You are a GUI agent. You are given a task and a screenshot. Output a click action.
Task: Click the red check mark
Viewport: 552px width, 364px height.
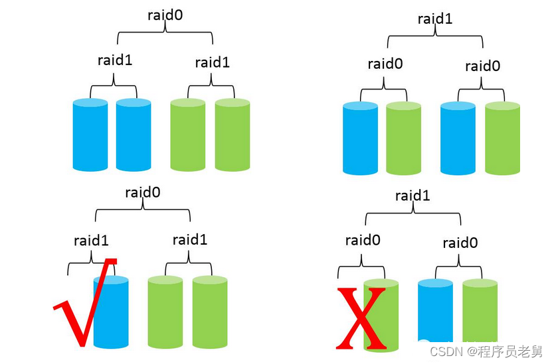(83, 305)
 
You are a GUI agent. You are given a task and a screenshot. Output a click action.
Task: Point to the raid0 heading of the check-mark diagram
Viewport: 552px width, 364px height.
(143, 193)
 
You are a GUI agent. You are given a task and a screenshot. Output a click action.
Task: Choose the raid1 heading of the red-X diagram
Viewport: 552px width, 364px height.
(413, 196)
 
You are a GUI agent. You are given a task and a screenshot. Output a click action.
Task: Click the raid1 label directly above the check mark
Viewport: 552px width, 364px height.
(92, 240)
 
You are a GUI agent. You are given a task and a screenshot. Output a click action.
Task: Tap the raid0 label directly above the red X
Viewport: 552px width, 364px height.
(363, 240)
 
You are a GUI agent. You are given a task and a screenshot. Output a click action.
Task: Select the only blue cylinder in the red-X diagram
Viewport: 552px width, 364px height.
(436, 313)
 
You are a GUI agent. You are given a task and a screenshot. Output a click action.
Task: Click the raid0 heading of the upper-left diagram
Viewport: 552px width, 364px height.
(165, 15)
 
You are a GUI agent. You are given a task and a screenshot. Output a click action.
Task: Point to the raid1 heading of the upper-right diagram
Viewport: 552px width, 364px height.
(435, 18)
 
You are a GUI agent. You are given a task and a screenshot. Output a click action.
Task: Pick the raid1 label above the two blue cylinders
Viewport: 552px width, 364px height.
(115, 60)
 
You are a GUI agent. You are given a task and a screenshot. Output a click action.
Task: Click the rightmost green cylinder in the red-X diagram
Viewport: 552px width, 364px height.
(480, 313)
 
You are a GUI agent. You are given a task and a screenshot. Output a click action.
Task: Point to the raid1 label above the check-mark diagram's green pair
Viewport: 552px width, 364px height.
(190, 239)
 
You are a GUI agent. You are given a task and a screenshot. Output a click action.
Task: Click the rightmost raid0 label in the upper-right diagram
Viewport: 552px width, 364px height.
(483, 66)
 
